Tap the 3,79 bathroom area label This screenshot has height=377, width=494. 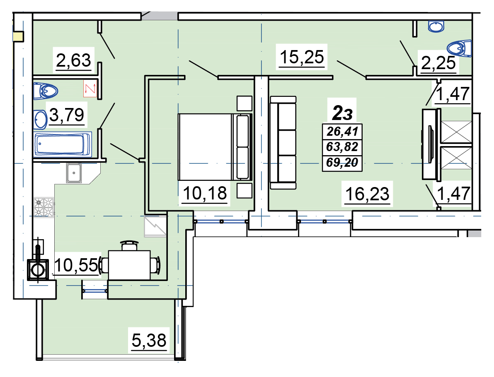[67, 115]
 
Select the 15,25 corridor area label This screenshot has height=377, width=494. [302, 57]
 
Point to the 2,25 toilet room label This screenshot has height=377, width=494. [438, 63]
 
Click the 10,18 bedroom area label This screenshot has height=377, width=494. [205, 193]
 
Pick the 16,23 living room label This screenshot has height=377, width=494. [367, 194]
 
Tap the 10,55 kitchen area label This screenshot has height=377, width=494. [77, 265]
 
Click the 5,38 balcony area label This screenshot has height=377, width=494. [149, 340]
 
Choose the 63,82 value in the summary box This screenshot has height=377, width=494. [342, 147]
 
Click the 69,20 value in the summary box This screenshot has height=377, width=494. [342, 162]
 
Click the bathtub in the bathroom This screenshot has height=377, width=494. [63, 144]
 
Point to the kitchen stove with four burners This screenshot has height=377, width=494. [44, 207]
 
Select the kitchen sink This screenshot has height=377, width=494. [74, 173]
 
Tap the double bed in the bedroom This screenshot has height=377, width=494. [215, 147]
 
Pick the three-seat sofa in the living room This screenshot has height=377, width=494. [283, 142]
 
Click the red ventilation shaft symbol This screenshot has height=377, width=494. [90, 89]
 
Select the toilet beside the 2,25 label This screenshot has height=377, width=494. [459, 48]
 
